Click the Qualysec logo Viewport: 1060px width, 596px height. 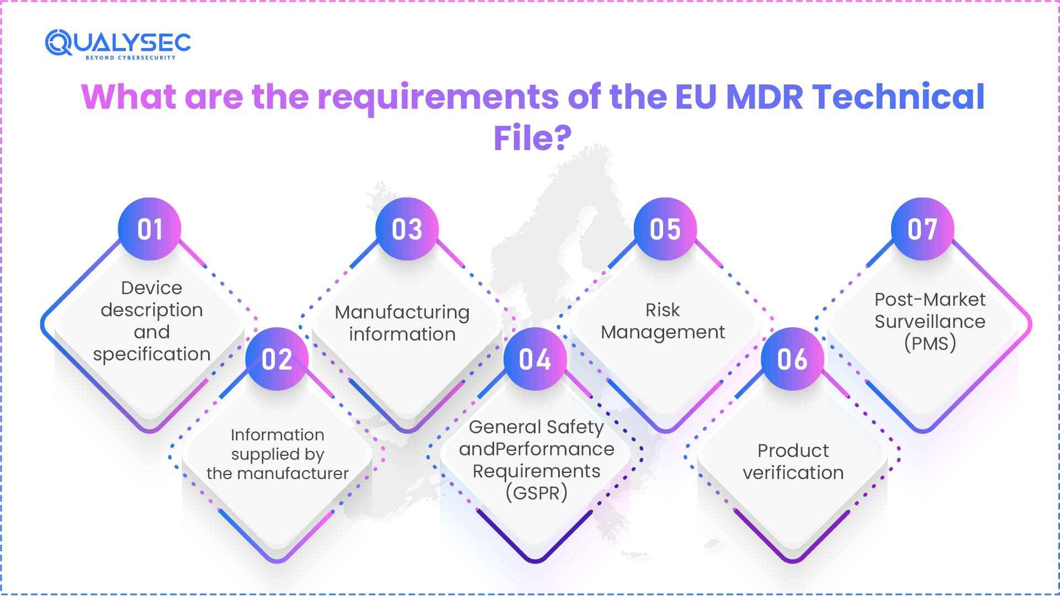coord(118,44)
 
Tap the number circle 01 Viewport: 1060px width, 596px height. coord(150,229)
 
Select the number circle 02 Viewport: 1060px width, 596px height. coord(277,359)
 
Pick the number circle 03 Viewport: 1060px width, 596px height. coord(407,229)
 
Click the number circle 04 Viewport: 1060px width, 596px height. coord(535,359)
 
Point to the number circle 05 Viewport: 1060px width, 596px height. coord(665,229)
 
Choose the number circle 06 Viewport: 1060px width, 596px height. coord(792,359)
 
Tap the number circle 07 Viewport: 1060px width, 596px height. coord(923,229)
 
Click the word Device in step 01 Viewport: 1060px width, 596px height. coord(152,288)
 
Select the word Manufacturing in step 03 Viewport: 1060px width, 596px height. coord(402,313)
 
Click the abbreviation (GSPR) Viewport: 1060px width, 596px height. coord(536,493)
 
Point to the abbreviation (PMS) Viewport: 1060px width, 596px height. coord(930,343)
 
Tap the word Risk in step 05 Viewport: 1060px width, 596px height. coord(662,310)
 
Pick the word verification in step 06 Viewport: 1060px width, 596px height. coord(793,473)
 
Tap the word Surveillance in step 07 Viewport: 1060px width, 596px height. coord(930,321)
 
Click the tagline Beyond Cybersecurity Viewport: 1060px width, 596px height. coord(130,57)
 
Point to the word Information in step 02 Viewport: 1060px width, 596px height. coord(277,435)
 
